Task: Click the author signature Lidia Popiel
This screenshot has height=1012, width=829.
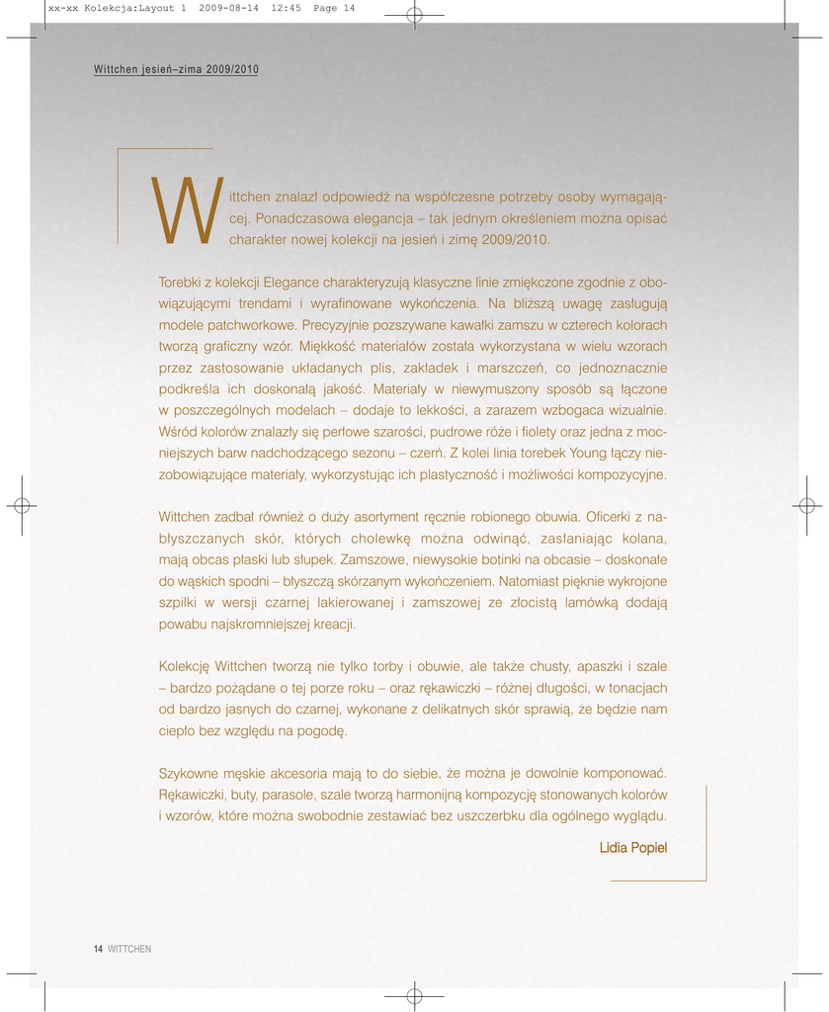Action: pos(632,848)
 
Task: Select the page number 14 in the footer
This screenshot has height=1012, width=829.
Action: pos(98,949)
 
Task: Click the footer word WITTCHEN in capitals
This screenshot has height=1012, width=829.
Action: pos(129,949)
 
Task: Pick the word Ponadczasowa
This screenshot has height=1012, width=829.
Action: pos(297,217)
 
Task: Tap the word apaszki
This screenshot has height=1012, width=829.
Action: pos(593,666)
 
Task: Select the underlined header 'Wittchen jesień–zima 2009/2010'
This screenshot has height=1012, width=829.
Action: pos(176,69)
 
